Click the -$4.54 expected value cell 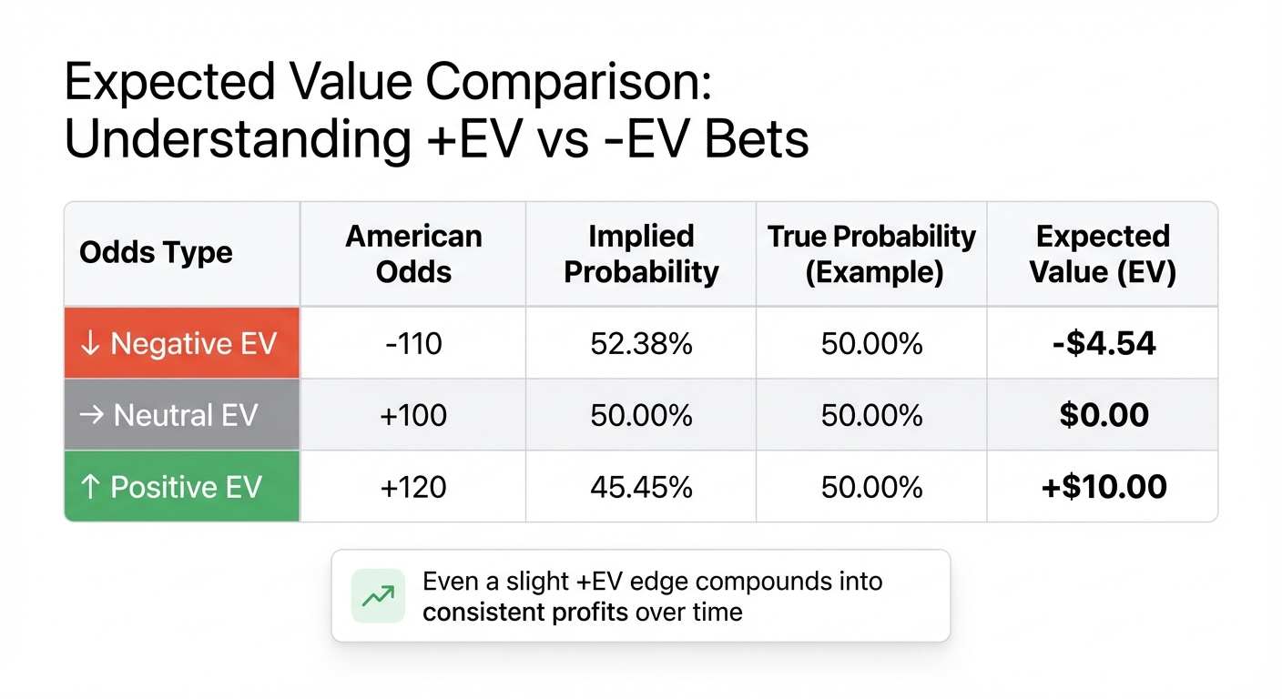coord(1103,344)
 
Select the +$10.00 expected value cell coord(1103,487)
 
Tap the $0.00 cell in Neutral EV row coord(1103,416)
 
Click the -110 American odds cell coord(413,344)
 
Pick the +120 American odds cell coord(413,487)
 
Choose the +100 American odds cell coord(413,416)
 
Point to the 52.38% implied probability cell coord(641,344)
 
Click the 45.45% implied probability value coord(641,487)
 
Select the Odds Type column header coord(156,253)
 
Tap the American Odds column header coord(413,253)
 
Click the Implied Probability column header coord(641,253)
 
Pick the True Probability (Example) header coord(871,253)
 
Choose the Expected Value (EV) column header coord(1103,253)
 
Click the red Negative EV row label coord(181,344)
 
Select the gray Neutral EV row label coord(181,416)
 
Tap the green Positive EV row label coord(181,487)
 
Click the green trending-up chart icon coord(378,596)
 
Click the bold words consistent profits coord(525,612)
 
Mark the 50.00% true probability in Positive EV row coord(871,487)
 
